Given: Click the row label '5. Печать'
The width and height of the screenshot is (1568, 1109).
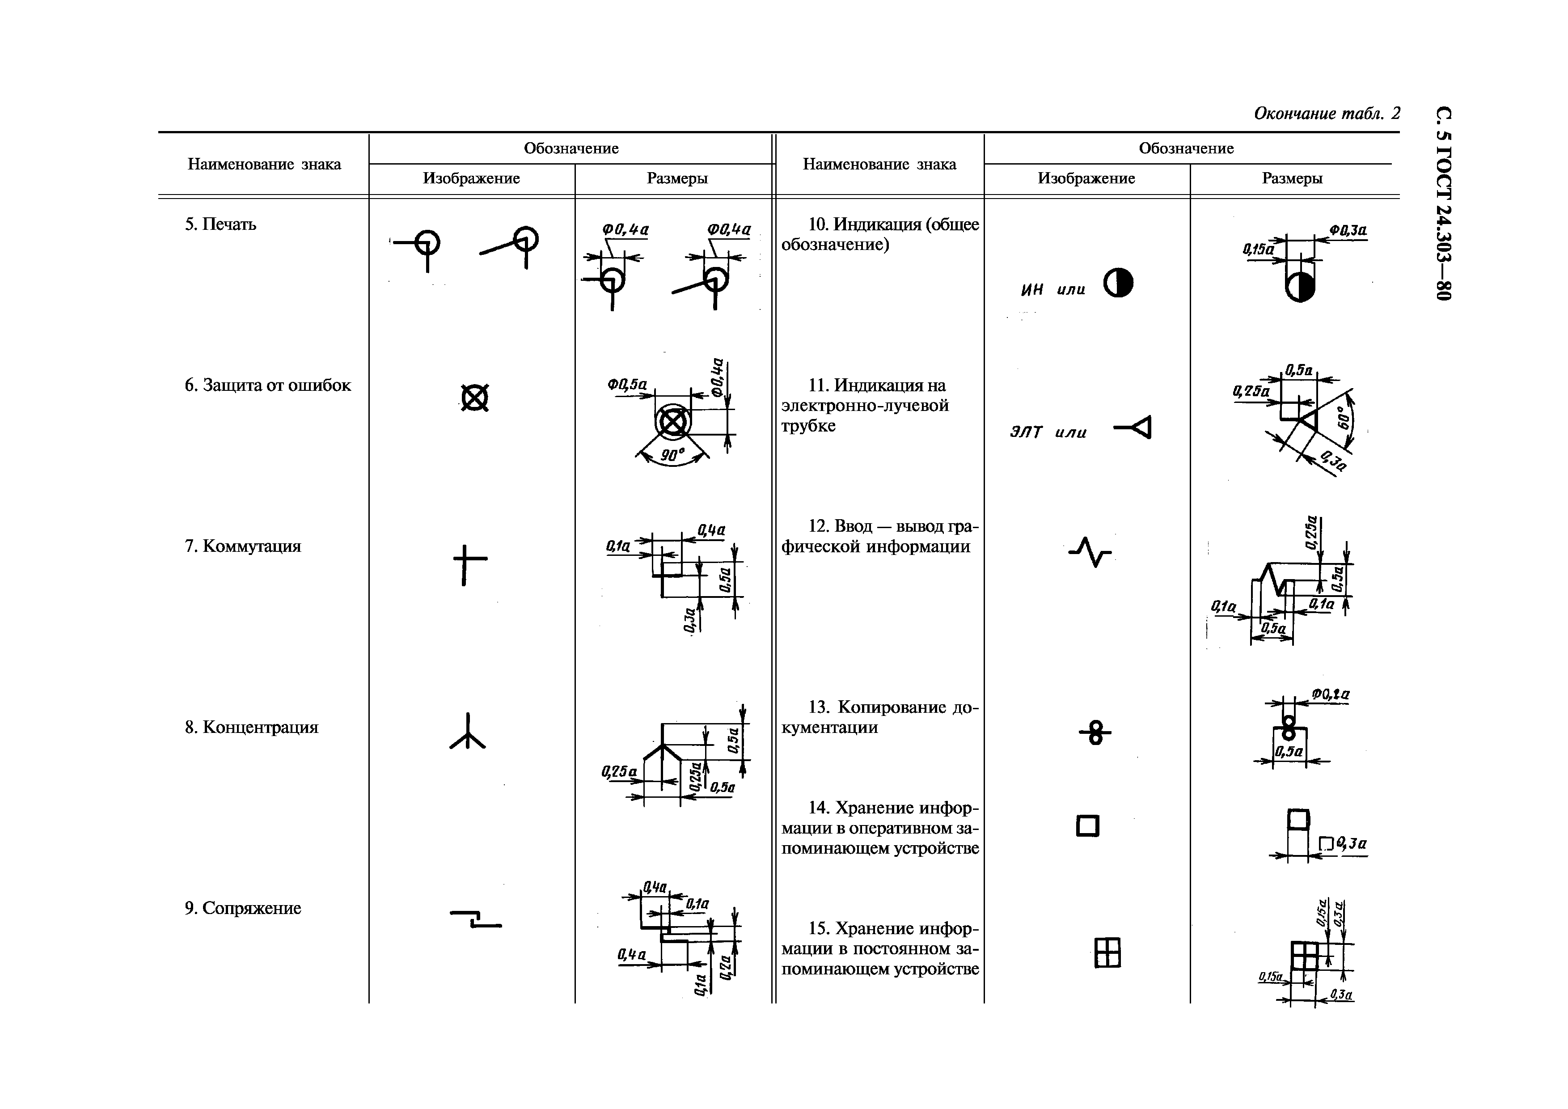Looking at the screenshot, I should pyautogui.click(x=220, y=224).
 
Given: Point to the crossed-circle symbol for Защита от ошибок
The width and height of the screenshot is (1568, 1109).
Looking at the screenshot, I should pyautogui.click(x=475, y=398).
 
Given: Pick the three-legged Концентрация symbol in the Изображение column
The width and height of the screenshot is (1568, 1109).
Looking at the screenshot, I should pyautogui.click(x=468, y=733).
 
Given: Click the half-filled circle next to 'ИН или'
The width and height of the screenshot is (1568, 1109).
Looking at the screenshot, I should pyautogui.click(x=1118, y=283).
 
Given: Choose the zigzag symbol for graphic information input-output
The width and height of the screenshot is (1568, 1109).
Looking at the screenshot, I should pyautogui.click(x=1090, y=551).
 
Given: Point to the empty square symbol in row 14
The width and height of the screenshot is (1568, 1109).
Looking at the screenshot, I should pyautogui.click(x=1088, y=826).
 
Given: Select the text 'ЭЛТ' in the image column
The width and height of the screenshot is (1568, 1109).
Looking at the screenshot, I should pyautogui.click(x=1026, y=432).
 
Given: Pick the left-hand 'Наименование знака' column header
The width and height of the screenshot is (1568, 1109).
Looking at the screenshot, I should pyautogui.click(x=264, y=164).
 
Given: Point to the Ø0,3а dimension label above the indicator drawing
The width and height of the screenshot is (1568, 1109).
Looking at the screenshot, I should pyautogui.click(x=1348, y=231).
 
